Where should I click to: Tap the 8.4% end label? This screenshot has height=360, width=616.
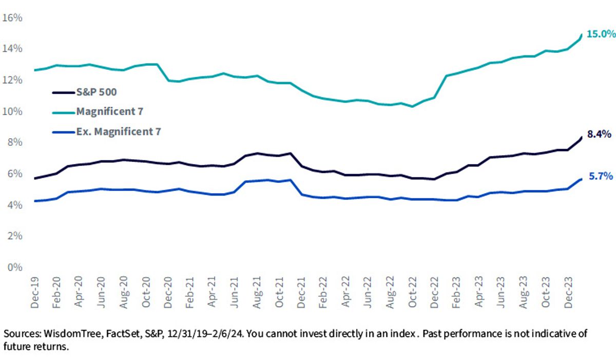[599, 134]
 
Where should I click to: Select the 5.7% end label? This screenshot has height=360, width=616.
[601, 176]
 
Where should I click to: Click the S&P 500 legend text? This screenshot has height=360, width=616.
[97, 92]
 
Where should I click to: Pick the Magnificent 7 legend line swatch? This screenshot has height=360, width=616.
[64, 113]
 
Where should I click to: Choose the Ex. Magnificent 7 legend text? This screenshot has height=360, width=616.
[119, 131]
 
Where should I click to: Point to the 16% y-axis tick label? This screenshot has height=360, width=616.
[12, 18]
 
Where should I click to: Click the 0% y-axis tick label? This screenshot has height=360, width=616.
[15, 267]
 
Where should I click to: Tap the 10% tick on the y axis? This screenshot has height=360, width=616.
[12, 111]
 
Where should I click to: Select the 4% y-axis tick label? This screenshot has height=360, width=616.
[15, 205]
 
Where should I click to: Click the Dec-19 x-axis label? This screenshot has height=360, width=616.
[35, 293]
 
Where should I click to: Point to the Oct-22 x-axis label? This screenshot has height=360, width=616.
[412, 292]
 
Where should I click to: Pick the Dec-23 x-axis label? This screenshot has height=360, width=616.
[568, 293]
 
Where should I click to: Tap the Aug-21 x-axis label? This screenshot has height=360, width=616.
[257, 293]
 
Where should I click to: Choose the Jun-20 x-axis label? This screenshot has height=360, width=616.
[102, 293]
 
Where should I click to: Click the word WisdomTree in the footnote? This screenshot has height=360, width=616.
[73, 334]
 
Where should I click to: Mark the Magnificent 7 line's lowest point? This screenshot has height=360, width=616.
[412, 106]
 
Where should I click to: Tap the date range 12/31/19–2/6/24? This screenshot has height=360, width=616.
[205, 334]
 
